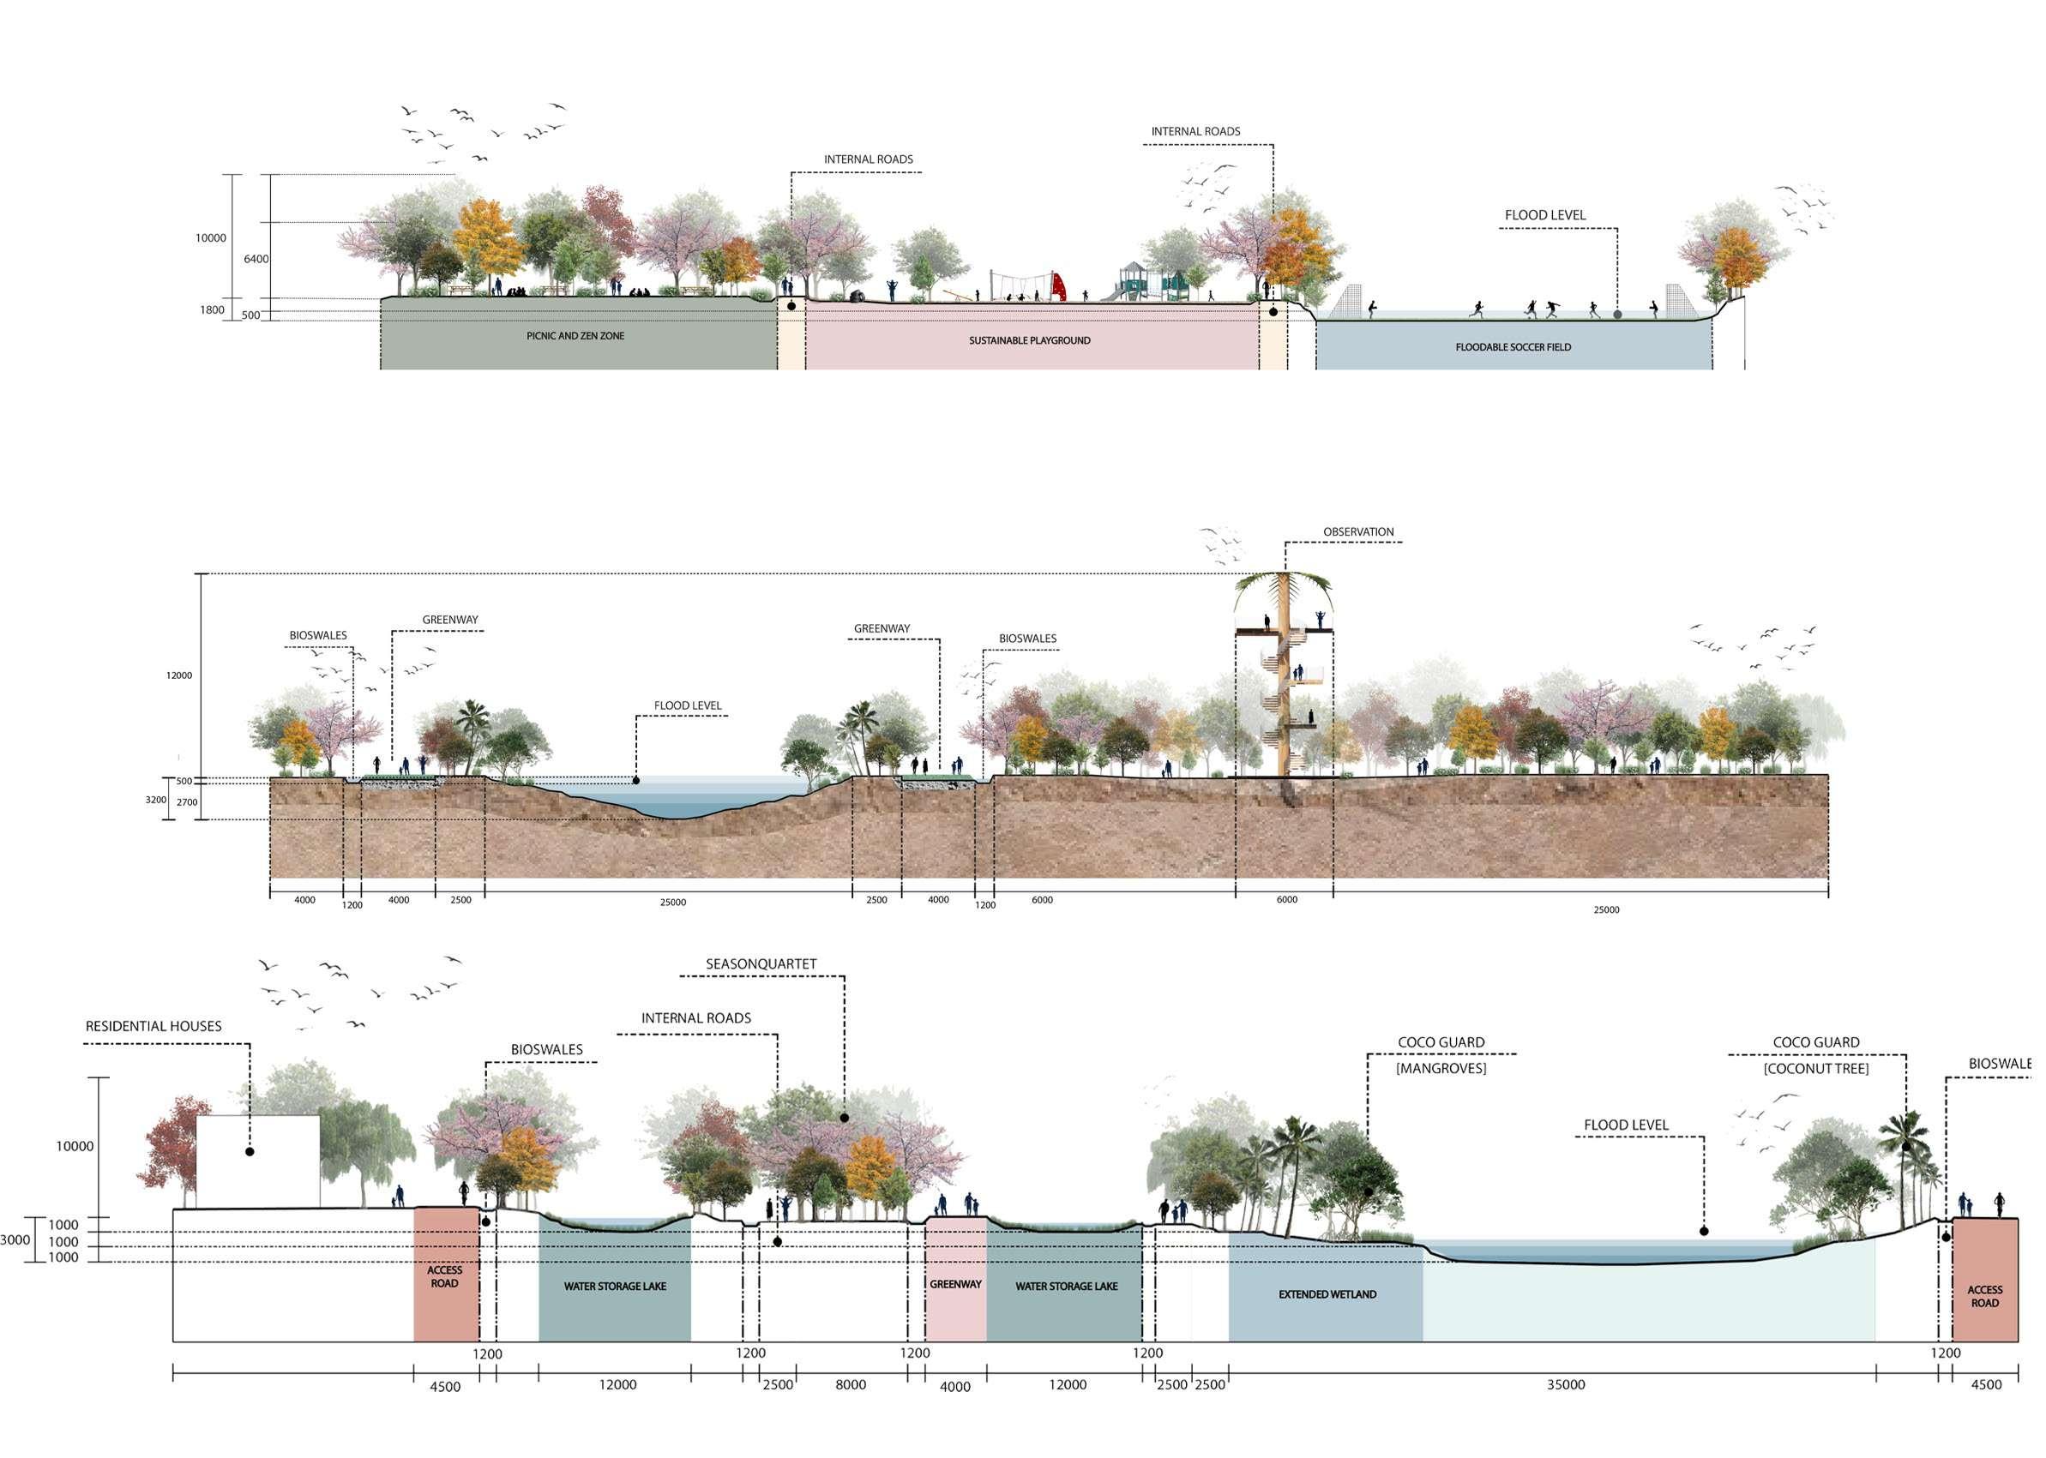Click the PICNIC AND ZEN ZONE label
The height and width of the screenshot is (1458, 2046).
pos(575,336)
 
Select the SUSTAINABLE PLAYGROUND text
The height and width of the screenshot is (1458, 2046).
pos(1029,340)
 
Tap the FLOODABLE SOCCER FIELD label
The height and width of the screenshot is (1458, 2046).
pos(1513,346)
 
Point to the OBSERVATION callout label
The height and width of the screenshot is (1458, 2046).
pos(1358,531)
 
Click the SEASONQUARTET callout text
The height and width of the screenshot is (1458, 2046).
pos(761,963)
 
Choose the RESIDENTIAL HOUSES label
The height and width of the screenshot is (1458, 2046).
pos(153,1026)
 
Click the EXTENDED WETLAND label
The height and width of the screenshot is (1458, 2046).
pos(1327,1293)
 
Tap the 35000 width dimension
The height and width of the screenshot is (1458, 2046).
pos(1566,1384)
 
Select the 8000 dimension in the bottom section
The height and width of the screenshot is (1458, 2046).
pos(851,1384)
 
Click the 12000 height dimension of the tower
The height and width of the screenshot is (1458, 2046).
pos(178,675)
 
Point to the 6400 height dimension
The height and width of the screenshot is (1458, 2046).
pos(256,259)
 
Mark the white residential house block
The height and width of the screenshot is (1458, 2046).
pos(258,1161)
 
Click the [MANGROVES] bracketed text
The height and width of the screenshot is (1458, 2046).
pos(1441,1068)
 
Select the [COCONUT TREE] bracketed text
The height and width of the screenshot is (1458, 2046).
pos(1816,1068)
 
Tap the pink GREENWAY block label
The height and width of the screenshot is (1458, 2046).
pos(955,1284)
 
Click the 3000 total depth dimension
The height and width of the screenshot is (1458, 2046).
pos(15,1239)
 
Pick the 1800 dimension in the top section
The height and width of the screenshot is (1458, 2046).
pos(212,309)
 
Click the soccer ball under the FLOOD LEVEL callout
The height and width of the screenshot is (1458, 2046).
pos(1617,315)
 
